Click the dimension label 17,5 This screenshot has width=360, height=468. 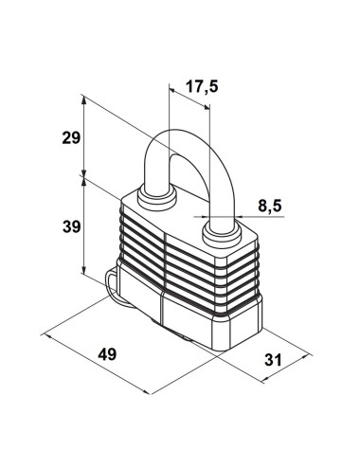pyautogui.click(x=202, y=86)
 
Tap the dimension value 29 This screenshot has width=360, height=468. pyautogui.click(x=71, y=138)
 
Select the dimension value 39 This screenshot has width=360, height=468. pyautogui.click(x=72, y=226)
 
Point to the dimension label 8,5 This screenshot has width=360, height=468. pyautogui.click(x=269, y=207)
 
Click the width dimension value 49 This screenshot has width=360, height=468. pyautogui.click(x=107, y=354)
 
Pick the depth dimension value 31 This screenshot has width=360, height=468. pyautogui.click(x=273, y=360)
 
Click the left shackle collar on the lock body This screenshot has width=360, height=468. pyautogui.click(x=156, y=199)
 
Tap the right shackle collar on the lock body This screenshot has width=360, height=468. pyautogui.click(x=222, y=234)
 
